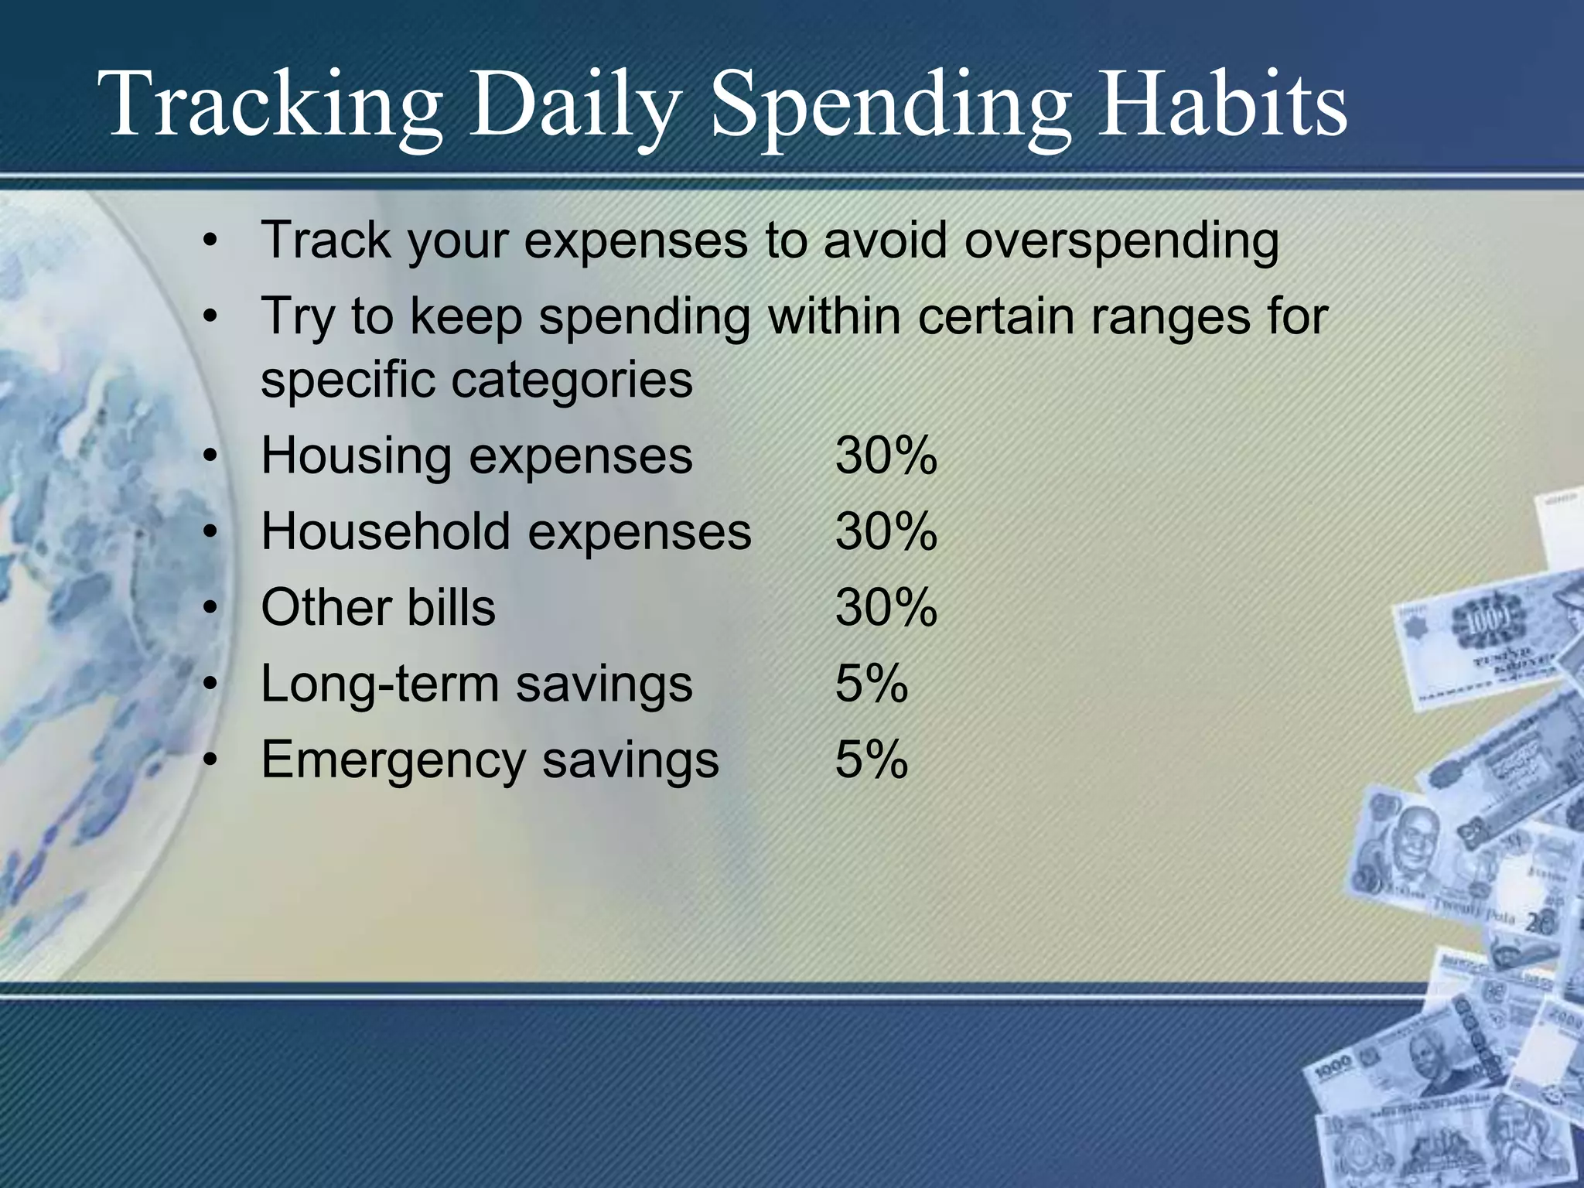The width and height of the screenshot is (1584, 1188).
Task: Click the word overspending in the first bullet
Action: [1121, 241]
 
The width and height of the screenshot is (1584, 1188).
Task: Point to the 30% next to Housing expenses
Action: [886, 456]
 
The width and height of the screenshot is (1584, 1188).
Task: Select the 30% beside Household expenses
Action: [886, 532]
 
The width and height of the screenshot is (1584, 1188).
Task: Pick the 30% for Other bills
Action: [886, 608]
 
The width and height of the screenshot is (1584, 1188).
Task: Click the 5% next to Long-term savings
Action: [872, 684]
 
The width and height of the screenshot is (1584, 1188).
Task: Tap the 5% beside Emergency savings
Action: [872, 760]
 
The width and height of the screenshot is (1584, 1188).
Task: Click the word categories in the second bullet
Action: [572, 381]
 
